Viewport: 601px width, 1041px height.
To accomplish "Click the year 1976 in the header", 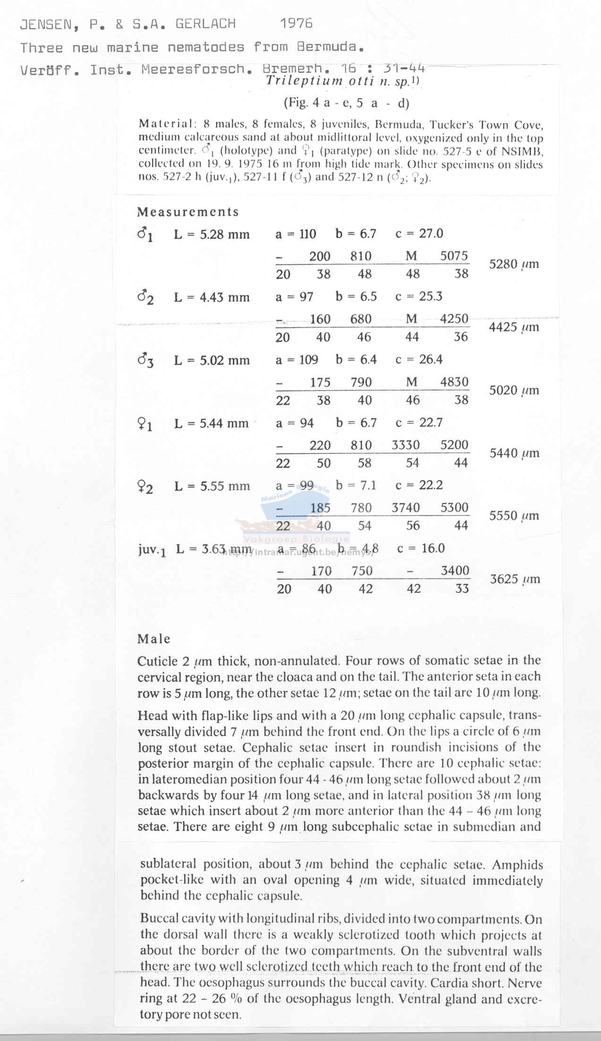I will click(296, 23).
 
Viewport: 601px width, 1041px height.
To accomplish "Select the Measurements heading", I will click(188, 212).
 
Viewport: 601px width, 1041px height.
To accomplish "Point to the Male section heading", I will click(154, 639).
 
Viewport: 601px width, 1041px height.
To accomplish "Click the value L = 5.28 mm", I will click(212, 234).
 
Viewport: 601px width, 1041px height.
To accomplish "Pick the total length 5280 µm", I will click(514, 264).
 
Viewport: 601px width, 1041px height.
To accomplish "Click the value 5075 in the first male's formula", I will click(454, 256).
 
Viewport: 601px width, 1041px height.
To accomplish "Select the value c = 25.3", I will click(419, 296).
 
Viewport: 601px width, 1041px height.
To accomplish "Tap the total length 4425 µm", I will click(514, 327).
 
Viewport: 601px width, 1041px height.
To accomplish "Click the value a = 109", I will click(296, 360).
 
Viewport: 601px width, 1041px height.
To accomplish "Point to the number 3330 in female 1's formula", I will click(406, 445).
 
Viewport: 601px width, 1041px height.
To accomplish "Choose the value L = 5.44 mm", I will click(211, 423).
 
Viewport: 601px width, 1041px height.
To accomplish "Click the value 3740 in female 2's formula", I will click(406, 508).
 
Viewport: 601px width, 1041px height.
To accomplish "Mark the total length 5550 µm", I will click(514, 516).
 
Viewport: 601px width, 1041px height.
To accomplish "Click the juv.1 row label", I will click(152, 550).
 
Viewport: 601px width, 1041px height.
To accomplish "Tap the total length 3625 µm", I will click(514, 579).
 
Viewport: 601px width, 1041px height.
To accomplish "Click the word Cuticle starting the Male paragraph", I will click(157, 661).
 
